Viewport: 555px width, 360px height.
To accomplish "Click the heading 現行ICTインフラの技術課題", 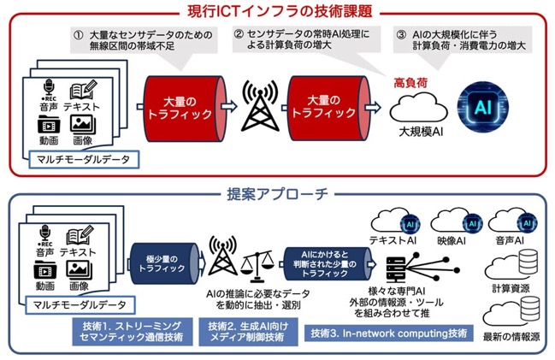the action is click(280, 11).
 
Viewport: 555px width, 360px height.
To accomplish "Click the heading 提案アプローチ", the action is click(277, 194).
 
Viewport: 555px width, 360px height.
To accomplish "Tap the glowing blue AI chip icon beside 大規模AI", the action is click(483, 107).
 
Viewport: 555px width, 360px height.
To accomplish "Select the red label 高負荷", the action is click(410, 83).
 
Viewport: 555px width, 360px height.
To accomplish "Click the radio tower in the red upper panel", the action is click(260, 105).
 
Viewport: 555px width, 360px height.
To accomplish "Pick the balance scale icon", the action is click(258, 265).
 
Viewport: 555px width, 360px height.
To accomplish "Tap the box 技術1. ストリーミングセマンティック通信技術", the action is click(133, 332).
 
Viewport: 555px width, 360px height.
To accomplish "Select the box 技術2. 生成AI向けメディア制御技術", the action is click(248, 332).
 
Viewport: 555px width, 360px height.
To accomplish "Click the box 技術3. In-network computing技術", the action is click(388, 333).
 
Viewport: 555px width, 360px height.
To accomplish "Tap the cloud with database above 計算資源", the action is click(511, 265).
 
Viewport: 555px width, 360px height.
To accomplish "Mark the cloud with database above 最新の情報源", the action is click(511, 312).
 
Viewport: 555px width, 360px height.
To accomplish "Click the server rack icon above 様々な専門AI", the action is click(396, 269).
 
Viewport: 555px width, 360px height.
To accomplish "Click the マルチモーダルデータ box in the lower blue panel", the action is click(80, 304).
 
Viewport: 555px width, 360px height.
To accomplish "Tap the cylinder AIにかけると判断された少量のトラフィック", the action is click(328, 263).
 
